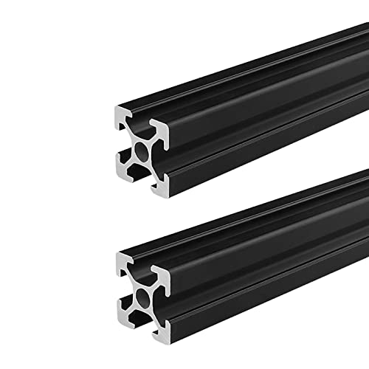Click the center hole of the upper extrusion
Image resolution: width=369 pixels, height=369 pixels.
[x=141, y=151]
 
